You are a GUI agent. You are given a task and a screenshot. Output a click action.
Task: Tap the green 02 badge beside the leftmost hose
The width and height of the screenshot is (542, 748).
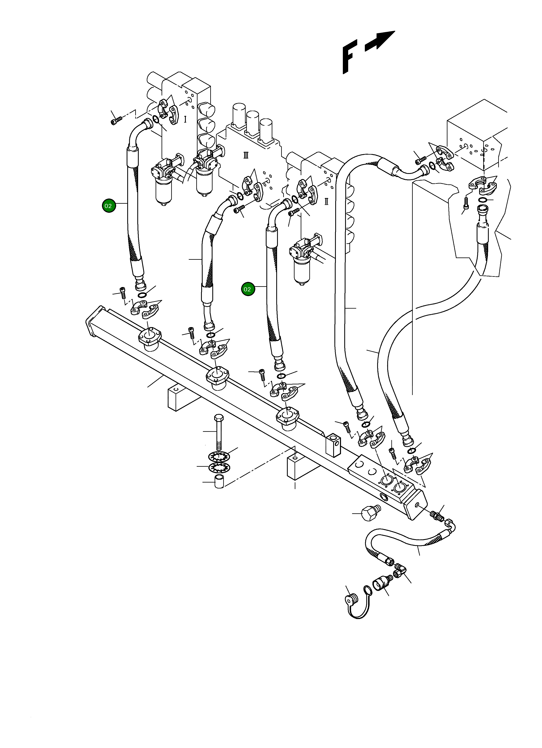(108, 206)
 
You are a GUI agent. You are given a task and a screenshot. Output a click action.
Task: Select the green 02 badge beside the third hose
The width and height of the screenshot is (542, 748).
(247, 289)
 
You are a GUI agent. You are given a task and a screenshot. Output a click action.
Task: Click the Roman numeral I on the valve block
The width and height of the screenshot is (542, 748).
(185, 119)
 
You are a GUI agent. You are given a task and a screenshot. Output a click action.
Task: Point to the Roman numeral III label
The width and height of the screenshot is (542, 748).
(246, 155)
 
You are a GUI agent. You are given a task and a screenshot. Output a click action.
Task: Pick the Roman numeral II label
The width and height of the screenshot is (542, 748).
(326, 201)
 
